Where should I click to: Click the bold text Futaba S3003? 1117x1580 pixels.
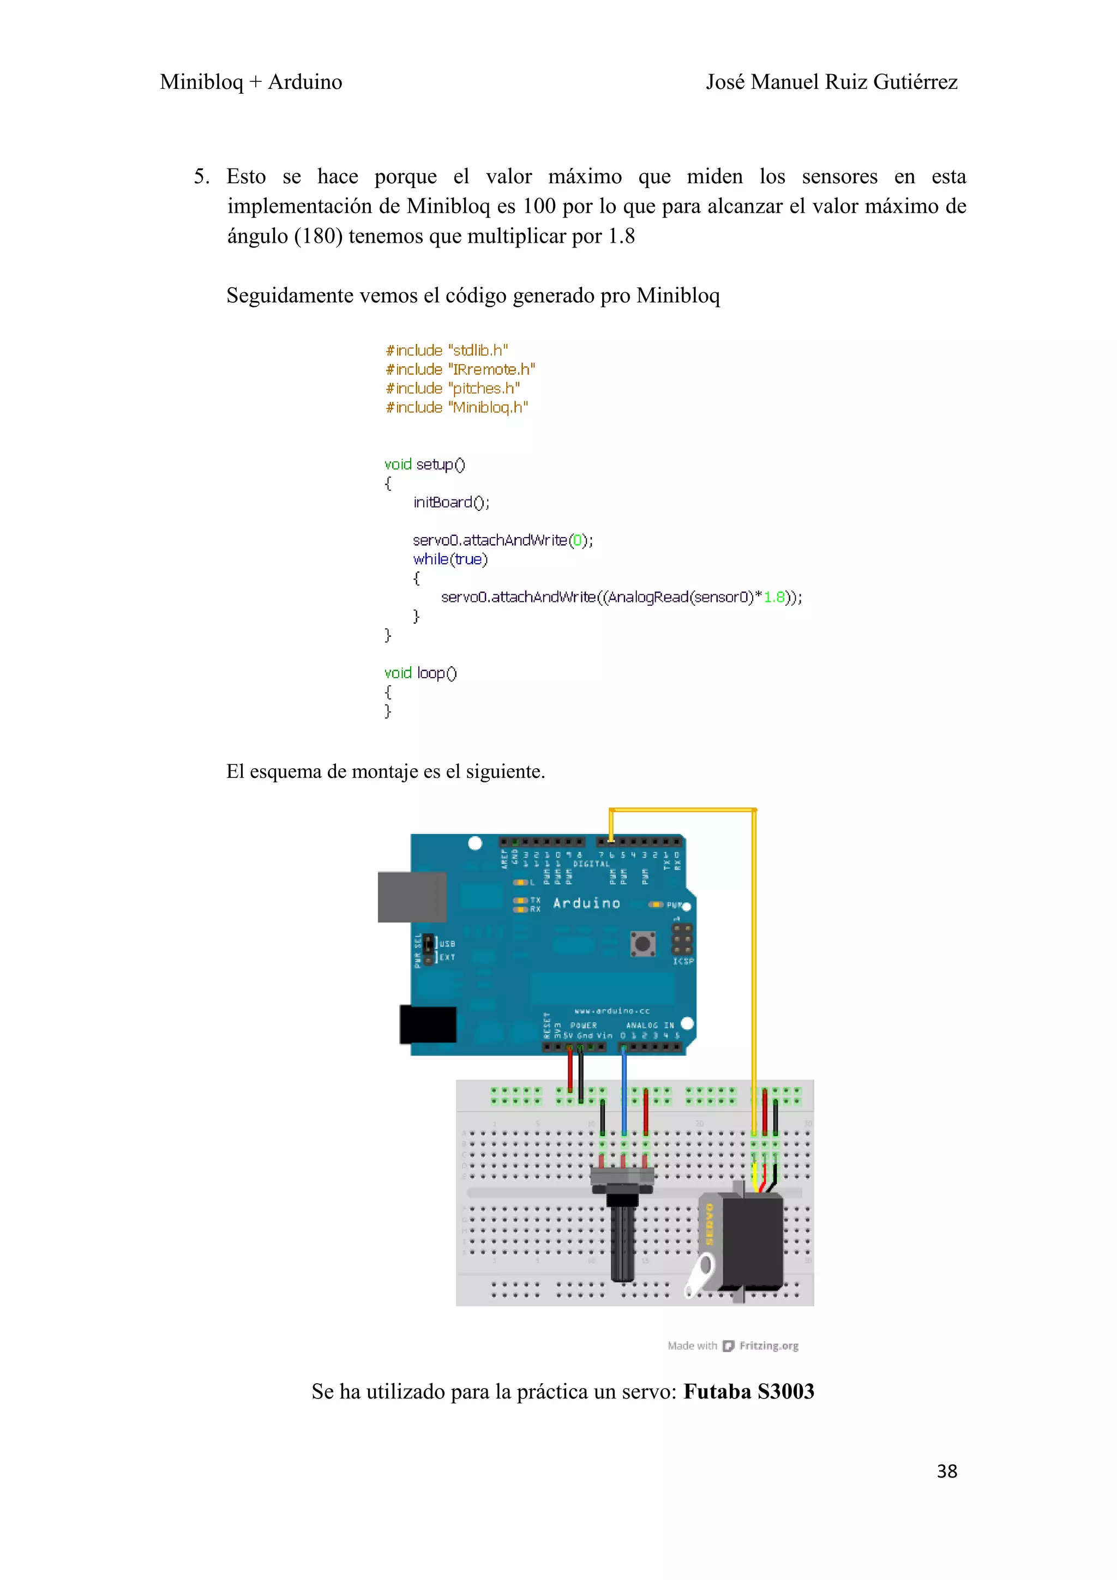tap(748, 1391)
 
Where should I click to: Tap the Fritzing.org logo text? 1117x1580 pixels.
tap(768, 1346)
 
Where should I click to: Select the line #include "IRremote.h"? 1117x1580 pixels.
tap(460, 370)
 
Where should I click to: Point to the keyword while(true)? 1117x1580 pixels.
tap(450, 559)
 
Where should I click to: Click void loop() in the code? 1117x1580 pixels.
tap(420, 672)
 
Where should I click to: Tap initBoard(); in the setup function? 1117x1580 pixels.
tap(451, 502)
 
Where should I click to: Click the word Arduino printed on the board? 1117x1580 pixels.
tap(586, 903)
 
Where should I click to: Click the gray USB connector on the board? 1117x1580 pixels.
tap(412, 897)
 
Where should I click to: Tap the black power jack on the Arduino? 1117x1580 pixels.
tap(428, 1024)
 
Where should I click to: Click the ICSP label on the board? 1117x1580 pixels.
tap(683, 961)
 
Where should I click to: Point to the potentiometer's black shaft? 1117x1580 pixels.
tap(622, 1239)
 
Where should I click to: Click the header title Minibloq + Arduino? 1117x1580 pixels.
tap(250, 82)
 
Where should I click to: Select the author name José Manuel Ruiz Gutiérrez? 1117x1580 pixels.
tap(831, 82)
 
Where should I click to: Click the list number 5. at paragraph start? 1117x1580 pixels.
tap(201, 177)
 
